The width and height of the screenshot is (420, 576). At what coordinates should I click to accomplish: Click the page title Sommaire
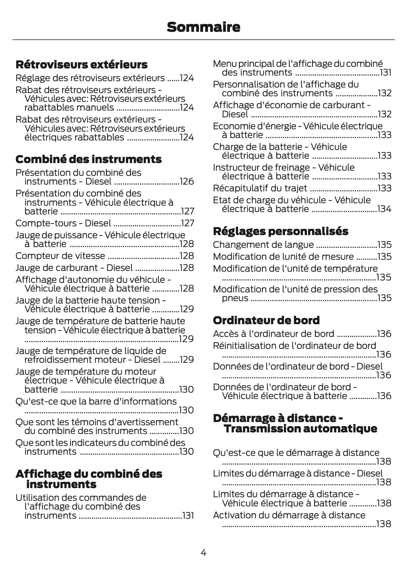pos(203,27)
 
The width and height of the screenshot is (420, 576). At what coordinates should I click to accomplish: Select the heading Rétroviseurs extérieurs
pos(81,64)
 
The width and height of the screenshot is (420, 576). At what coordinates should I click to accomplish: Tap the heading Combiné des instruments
pos(88,159)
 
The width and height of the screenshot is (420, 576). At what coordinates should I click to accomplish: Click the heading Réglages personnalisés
pos(280,231)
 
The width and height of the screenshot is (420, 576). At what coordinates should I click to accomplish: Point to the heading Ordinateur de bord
pos(266,320)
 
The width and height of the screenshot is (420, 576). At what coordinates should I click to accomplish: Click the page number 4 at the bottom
pos(203,553)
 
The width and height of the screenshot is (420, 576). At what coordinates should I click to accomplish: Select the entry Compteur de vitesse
pos(60,256)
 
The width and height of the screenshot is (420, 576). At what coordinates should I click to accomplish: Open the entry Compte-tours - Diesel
pos(63,223)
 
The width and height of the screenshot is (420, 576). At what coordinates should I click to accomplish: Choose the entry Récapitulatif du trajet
pos(260,188)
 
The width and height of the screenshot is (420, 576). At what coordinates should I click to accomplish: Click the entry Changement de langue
pos(263,245)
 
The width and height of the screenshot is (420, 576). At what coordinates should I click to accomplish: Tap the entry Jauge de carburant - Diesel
pos(74,268)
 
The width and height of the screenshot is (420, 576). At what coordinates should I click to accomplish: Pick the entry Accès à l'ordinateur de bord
pos(273,334)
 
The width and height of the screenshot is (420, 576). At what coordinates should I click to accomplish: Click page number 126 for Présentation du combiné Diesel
pos(187,182)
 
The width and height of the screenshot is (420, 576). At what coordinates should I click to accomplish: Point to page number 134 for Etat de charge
pos(384,209)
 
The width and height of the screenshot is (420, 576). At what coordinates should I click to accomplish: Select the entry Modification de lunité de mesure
pos(283,257)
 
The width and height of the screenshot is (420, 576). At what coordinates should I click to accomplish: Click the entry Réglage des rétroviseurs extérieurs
pos(90,78)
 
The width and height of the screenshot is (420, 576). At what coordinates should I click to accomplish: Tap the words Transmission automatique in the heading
pos(300,429)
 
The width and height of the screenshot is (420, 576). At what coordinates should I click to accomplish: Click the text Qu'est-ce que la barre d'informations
pos(96,401)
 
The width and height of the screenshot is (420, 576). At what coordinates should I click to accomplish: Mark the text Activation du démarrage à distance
pos(289,515)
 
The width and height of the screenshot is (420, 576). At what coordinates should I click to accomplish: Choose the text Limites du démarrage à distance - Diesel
pos(297,473)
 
